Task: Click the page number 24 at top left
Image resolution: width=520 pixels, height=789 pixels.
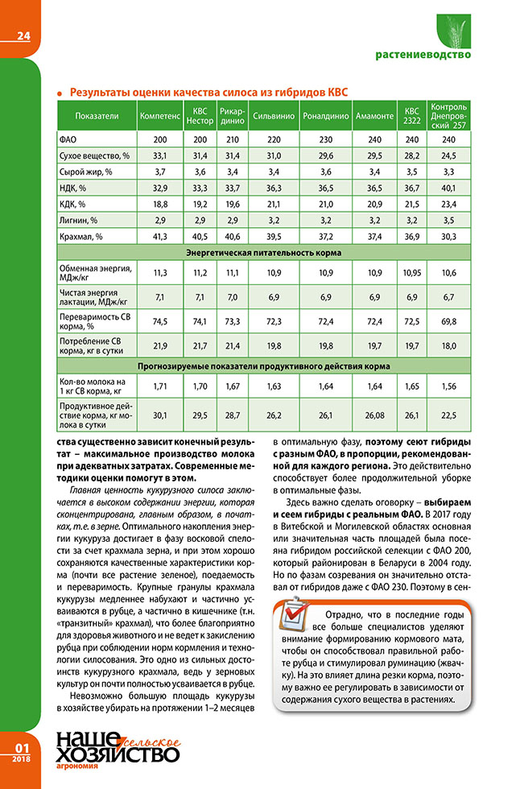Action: (x=22, y=35)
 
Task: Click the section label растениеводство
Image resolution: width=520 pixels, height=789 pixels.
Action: (x=423, y=56)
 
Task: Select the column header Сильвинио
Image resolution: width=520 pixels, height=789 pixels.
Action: (x=274, y=116)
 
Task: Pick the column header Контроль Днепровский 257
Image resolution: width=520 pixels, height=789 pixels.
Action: (x=449, y=116)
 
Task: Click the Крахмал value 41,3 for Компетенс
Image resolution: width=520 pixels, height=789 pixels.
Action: (x=159, y=236)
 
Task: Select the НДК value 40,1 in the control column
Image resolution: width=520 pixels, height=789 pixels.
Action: (x=449, y=187)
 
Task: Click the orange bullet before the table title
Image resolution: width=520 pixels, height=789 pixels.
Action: (x=60, y=93)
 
